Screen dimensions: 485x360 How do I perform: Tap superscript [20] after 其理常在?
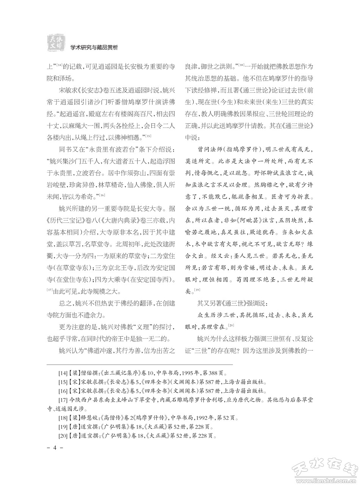231,325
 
